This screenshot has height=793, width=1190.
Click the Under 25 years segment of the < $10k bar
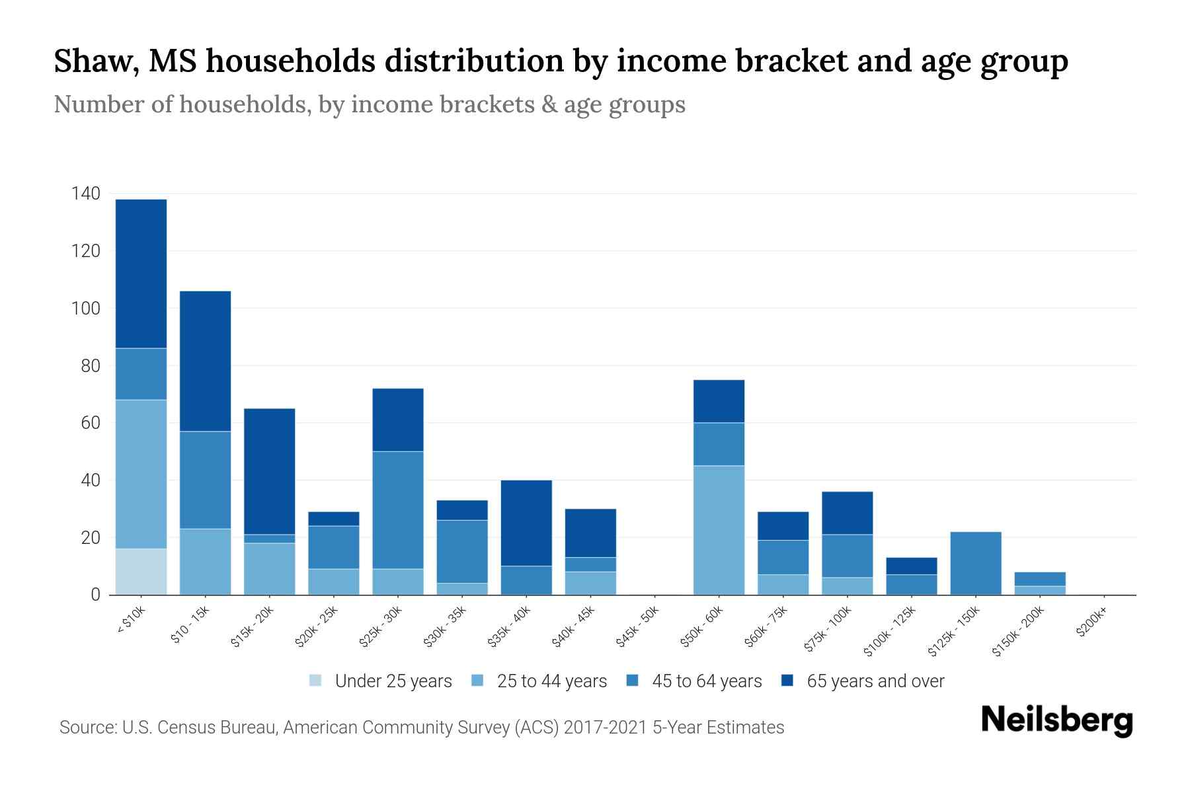click(141, 572)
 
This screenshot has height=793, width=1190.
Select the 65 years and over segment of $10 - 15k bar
click(206, 361)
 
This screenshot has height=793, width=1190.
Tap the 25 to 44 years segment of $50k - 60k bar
click(719, 530)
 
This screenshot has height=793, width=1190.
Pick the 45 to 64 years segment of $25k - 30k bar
click(398, 510)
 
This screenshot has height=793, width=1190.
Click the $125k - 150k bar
click(976, 563)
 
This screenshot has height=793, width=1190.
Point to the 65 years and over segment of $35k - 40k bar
click(526, 523)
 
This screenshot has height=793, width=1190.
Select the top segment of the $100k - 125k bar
click(912, 566)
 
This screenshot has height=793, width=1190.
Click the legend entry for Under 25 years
click(393, 681)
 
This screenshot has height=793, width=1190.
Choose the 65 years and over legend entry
click(875, 681)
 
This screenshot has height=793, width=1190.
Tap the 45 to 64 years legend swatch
click(633, 681)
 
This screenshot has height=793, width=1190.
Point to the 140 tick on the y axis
click(86, 194)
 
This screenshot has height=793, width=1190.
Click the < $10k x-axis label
click(130, 621)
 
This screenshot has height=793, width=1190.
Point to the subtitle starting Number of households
click(369, 104)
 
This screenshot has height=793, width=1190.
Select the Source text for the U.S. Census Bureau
click(421, 728)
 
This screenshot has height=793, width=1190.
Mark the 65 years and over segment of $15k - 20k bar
click(270, 471)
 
